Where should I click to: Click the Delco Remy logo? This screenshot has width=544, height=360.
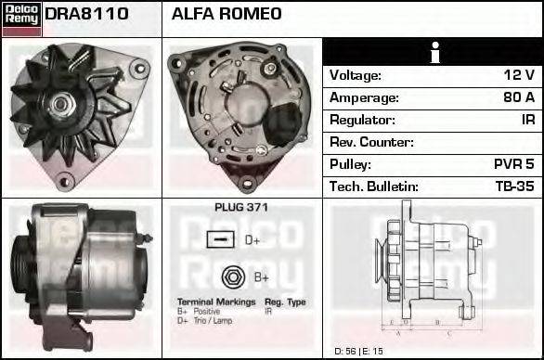(x=20, y=18)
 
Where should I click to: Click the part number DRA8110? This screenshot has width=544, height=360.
(x=86, y=15)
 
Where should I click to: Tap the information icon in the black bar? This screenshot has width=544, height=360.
(x=433, y=52)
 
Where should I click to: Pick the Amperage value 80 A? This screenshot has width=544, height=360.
(x=517, y=97)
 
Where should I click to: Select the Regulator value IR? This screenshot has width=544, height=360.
(x=526, y=120)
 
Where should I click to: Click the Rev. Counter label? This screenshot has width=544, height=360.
(x=371, y=142)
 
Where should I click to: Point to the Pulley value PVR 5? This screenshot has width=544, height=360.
(x=513, y=164)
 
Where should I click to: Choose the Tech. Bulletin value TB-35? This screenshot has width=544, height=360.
(x=513, y=186)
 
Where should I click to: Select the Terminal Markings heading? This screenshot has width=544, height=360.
(x=214, y=302)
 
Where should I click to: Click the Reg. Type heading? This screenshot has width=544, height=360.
(x=285, y=302)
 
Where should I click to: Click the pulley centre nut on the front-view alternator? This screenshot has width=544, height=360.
(x=67, y=101)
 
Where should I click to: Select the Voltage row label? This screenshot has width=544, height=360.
(x=356, y=75)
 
